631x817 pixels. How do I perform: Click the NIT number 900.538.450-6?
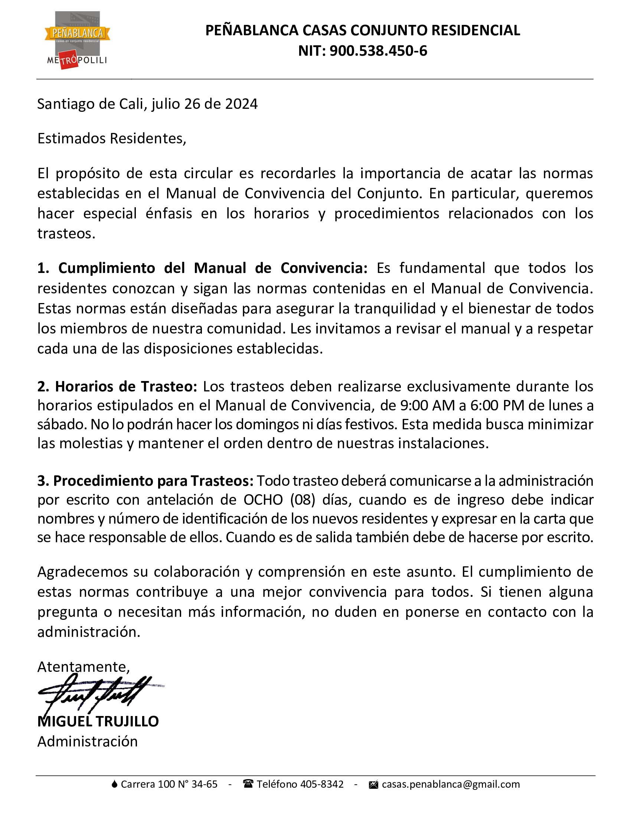pyautogui.click(x=378, y=51)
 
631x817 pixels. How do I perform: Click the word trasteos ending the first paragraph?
pyautogui.click(x=66, y=234)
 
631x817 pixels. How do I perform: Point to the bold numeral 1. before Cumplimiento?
pyautogui.click(x=43, y=268)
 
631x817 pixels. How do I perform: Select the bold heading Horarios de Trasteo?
pyautogui.click(x=125, y=386)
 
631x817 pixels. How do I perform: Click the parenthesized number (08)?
pyautogui.click(x=303, y=500)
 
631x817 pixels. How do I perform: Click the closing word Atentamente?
pyautogui.click(x=84, y=667)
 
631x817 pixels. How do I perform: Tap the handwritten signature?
pyautogui.click(x=97, y=694)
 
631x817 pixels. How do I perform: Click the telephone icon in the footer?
pyautogui.click(x=248, y=784)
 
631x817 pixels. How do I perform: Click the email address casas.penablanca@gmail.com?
pyautogui.click(x=451, y=784)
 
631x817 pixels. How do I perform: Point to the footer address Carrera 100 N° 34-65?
pyautogui.click(x=169, y=784)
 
